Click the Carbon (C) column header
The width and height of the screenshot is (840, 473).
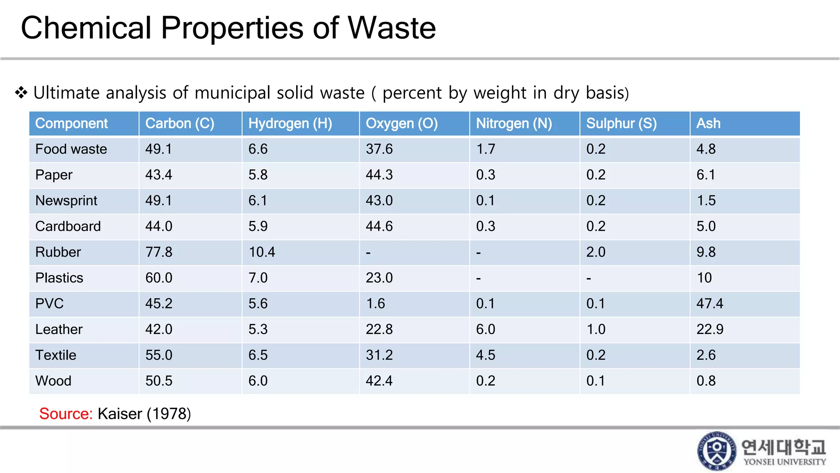coord(180,123)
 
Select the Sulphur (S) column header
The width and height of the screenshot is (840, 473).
coord(621,123)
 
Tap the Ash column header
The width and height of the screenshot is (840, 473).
coord(708,123)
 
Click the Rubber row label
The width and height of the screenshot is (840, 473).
coord(58,252)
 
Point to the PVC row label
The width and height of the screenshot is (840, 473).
coord(49,303)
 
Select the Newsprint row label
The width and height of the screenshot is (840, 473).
coord(66,200)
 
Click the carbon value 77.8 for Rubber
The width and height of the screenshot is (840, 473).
coord(159,252)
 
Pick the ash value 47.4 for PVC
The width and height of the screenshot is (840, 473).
coord(710,303)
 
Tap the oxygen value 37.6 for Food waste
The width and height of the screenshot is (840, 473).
coord(379,149)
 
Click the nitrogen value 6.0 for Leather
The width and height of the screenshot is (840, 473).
coord(485,329)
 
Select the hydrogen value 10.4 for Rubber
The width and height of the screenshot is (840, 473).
coord(262,252)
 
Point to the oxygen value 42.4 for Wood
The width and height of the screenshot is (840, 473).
coord(379,381)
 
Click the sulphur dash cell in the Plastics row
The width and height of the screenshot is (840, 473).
coord(589,278)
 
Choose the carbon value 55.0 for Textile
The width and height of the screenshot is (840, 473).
coord(159,355)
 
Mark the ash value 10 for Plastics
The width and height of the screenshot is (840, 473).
coord(704,278)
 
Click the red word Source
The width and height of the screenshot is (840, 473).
coord(66,413)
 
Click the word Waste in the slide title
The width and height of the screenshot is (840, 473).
coord(392,28)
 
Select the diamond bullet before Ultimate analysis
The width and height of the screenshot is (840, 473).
coord(21,92)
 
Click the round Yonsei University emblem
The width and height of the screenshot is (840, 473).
coord(717,451)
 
